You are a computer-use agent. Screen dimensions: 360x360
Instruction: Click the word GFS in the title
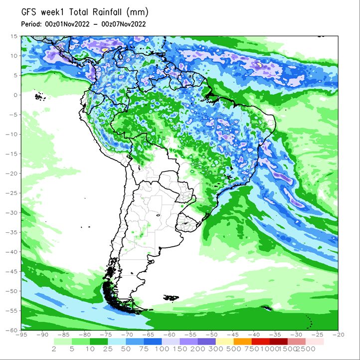[29, 12]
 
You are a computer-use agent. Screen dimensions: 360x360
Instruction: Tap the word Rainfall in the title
[107, 12]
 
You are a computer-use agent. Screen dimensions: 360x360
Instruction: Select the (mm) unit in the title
[137, 12]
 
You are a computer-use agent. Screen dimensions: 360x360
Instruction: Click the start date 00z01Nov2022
[67, 24]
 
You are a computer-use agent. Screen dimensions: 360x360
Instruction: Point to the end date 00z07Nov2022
[124, 24]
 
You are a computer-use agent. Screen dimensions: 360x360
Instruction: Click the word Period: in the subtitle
[31, 24]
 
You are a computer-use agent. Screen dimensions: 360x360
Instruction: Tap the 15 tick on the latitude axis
[14, 36]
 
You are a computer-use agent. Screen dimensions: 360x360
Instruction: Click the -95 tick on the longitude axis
[21, 335]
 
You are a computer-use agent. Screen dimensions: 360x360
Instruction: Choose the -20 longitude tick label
[338, 335]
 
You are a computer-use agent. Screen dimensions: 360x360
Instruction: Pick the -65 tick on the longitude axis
[148, 335]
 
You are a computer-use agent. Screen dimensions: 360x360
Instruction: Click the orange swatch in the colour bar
[243, 342]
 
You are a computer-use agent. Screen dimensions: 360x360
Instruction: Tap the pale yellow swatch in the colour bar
[225, 342]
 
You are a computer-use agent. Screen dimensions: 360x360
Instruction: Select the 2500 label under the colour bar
[306, 349]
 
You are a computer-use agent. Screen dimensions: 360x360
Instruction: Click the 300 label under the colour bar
[215, 349]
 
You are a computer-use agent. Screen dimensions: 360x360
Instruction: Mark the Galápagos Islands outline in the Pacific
[40, 97]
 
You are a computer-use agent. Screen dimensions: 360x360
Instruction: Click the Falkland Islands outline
[171, 298]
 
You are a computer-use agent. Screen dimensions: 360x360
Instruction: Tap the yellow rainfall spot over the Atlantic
[259, 65]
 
